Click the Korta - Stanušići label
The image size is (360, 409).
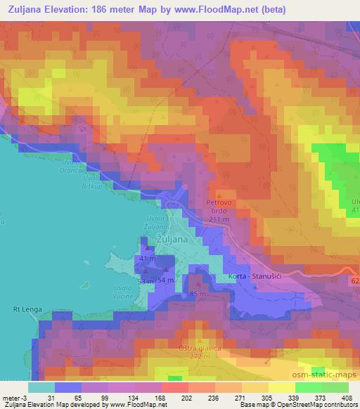255,278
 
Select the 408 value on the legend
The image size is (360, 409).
348,397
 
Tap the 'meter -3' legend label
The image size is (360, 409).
15,397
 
